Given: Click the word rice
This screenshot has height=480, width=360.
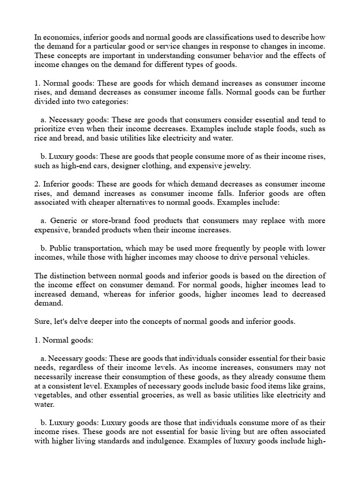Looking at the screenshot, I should (41, 138).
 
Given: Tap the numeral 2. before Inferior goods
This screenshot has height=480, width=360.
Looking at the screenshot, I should (37, 184).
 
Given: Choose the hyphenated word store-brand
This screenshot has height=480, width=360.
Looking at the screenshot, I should (110, 220).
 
